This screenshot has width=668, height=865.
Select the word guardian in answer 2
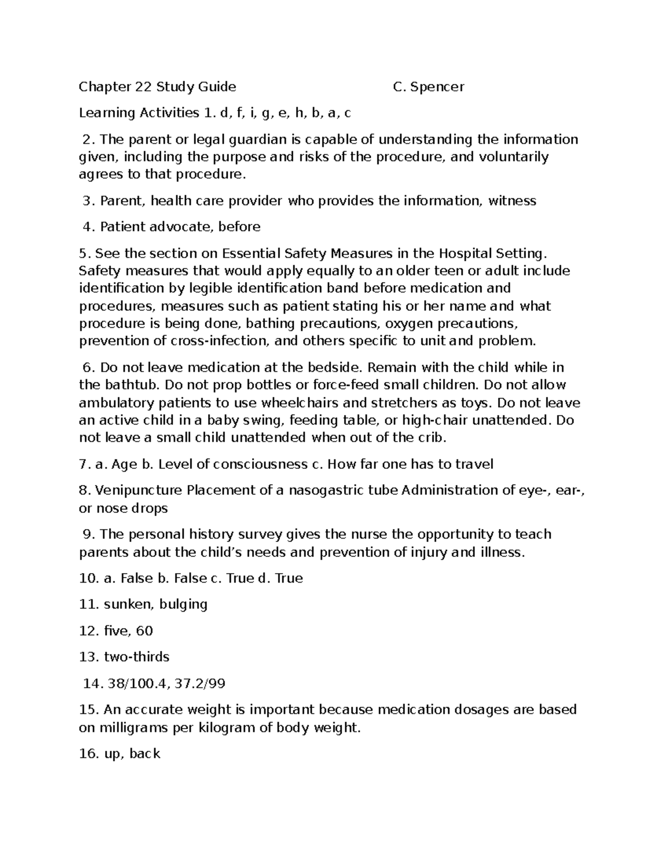pos(248,139)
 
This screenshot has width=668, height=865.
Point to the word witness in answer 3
pos(512,201)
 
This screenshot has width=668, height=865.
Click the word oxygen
pos(409,324)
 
